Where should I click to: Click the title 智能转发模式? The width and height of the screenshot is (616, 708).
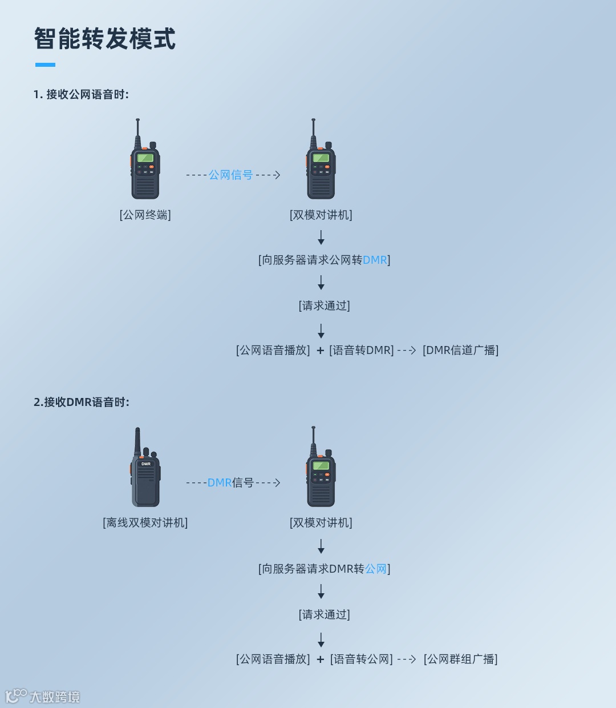[105, 39]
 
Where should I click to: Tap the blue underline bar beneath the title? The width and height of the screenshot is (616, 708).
[45, 65]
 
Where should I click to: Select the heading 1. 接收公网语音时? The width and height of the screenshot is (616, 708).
[81, 95]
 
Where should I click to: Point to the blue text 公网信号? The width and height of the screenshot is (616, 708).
[230, 175]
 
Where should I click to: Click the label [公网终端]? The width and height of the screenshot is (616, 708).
[145, 215]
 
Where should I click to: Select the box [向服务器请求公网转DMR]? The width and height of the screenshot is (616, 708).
[324, 260]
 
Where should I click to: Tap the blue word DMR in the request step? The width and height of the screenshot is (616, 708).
[375, 260]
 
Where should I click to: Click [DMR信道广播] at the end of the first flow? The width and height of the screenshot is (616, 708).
[460, 351]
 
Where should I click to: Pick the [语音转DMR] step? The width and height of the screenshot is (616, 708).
[362, 351]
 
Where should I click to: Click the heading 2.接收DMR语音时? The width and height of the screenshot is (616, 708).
[82, 403]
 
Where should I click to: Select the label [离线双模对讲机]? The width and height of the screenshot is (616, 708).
[145, 523]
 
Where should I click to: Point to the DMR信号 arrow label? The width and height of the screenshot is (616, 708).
[230, 483]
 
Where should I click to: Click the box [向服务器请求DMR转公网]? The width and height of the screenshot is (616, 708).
[324, 569]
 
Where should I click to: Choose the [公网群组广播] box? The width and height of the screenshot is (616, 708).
[460, 659]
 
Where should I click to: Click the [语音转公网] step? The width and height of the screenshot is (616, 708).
[362, 659]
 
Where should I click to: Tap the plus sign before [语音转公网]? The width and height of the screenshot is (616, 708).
[321, 659]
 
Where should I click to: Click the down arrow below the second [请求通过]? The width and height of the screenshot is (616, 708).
[321, 639]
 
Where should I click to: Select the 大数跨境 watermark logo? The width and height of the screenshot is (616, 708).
[43, 696]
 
